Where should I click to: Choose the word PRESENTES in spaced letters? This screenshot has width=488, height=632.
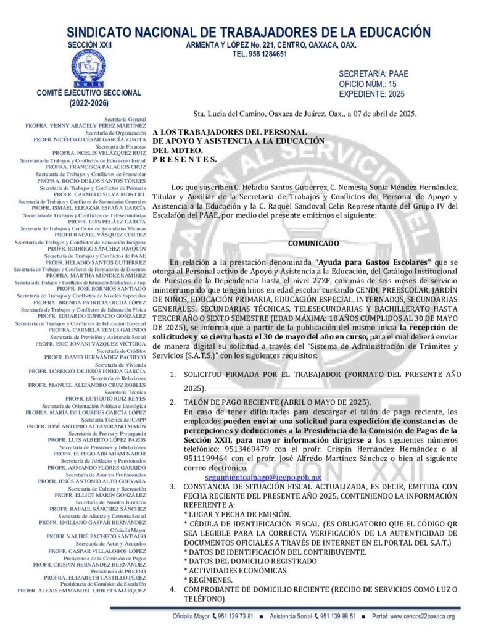click(184, 159)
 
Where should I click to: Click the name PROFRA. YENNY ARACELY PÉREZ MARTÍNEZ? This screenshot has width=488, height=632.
click(86, 125)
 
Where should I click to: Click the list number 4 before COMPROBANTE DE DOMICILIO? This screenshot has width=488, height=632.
click(173, 589)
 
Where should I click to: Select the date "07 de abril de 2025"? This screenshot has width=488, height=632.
click(378, 114)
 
